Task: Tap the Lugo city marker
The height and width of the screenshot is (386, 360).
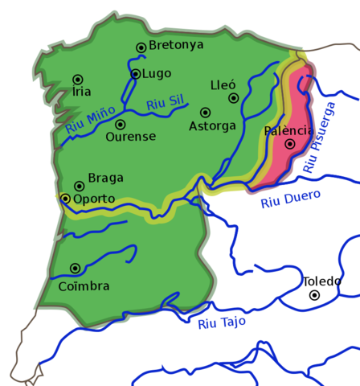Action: pyautogui.click(x=136, y=74)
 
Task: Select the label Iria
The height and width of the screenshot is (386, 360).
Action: pyautogui.click(x=81, y=92)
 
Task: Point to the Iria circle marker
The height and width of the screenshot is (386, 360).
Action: pyautogui.click(x=78, y=80)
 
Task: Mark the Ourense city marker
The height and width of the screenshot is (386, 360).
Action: pyautogui.click(x=121, y=125)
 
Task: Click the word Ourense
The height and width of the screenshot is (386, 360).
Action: pyautogui.click(x=130, y=137)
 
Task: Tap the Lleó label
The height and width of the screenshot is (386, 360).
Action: pyautogui.click(x=223, y=84)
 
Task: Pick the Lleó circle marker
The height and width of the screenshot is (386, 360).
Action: pyautogui.click(x=234, y=98)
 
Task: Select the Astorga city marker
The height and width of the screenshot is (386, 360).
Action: pyautogui.click(x=205, y=113)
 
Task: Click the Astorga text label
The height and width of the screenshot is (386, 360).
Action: pyautogui.click(x=212, y=126)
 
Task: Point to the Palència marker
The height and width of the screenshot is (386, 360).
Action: pyautogui.click(x=290, y=144)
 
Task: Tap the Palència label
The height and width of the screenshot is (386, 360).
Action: pyautogui.click(x=287, y=130)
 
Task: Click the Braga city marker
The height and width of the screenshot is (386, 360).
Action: pyautogui.click(x=79, y=186)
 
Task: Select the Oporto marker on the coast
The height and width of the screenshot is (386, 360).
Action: pyautogui.click(x=65, y=198)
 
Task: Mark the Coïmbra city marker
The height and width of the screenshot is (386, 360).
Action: pyautogui.click(x=76, y=268)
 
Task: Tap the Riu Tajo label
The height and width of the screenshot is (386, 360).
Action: pyautogui.click(x=222, y=322)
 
